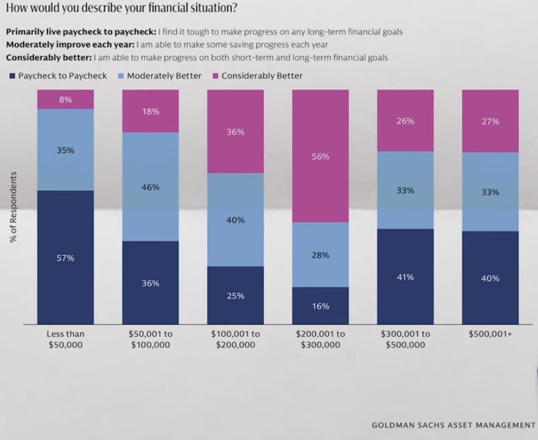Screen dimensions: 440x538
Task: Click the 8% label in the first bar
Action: tap(65, 100)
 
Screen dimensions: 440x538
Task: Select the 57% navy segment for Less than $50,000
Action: tap(65, 258)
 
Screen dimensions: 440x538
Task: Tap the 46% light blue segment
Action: tap(151, 187)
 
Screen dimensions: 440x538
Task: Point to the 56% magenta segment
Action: tap(320, 156)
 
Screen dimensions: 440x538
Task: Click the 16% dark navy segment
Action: tap(320, 306)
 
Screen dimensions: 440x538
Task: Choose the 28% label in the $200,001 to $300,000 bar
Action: tap(320, 255)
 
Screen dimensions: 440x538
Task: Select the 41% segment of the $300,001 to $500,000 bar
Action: tap(405, 277)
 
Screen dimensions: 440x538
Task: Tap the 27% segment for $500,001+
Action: tap(490, 121)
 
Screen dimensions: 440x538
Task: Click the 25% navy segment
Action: tap(235, 295)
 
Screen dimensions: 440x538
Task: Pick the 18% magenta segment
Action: tap(151, 111)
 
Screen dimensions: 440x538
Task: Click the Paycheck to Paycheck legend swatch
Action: tap(12, 76)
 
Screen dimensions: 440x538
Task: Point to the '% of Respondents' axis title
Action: tap(13, 207)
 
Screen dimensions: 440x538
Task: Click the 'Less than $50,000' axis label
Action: tap(65, 339)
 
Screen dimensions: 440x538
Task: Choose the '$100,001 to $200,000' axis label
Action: tap(235, 339)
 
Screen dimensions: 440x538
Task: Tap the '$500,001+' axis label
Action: tap(490, 334)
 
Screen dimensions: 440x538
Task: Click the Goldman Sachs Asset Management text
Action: tap(453, 425)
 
